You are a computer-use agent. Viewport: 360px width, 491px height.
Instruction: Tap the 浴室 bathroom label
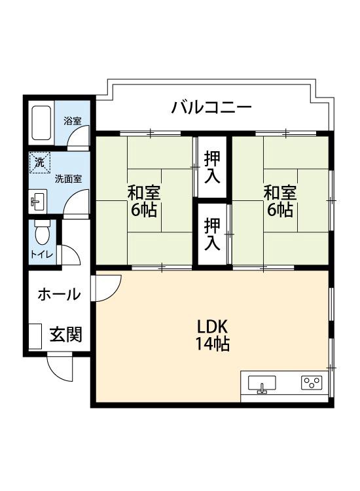click(x=73, y=120)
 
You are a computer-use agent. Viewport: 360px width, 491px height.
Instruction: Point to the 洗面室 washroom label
click(x=68, y=178)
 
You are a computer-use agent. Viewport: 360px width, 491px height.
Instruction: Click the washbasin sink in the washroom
click(x=37, y=201)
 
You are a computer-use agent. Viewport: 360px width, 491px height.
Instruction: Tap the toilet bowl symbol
click(x=43, y=233)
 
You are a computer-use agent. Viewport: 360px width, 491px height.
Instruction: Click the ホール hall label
click(x=59, y=294)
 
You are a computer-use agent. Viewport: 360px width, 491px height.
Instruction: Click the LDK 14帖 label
click(x=213, y=335)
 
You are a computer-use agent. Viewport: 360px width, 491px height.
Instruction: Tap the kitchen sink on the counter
click(x=261, y=383)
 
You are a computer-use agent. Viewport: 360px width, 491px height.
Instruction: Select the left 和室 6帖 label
click(x=143, y=201)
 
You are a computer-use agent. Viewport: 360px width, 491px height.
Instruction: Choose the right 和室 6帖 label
click(x=279, y=201)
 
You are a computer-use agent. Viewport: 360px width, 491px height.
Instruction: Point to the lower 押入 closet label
click(x=212, y=234)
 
